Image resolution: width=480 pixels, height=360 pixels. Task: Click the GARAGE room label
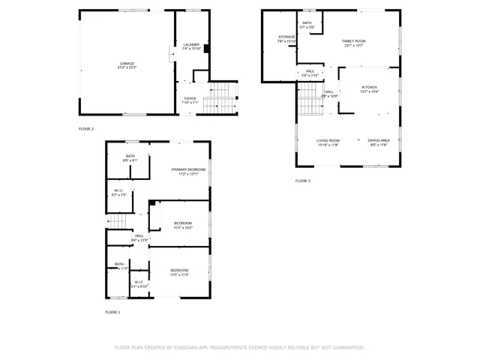126,63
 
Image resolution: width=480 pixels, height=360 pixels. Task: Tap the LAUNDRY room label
191,45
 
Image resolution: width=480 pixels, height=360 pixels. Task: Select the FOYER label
190,98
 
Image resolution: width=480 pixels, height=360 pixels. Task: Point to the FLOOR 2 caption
86,129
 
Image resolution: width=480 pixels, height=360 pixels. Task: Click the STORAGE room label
286,36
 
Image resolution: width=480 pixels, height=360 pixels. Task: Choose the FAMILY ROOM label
354,40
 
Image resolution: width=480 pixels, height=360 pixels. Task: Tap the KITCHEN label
370,87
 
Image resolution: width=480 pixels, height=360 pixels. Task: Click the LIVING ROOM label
328,140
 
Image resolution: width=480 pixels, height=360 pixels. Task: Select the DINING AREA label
379,140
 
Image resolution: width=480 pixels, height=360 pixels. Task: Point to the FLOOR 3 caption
302,181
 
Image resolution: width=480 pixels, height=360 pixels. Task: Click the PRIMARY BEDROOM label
188,169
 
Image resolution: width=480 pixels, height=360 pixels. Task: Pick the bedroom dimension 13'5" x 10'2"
184,227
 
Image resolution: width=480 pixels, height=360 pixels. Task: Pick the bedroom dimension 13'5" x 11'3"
179,274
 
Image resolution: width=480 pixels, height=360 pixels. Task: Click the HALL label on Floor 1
139,235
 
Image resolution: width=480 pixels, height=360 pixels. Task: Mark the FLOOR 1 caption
112,311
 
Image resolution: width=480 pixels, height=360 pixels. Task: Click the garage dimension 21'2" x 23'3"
126,67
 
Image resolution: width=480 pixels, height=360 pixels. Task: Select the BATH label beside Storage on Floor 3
307,22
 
